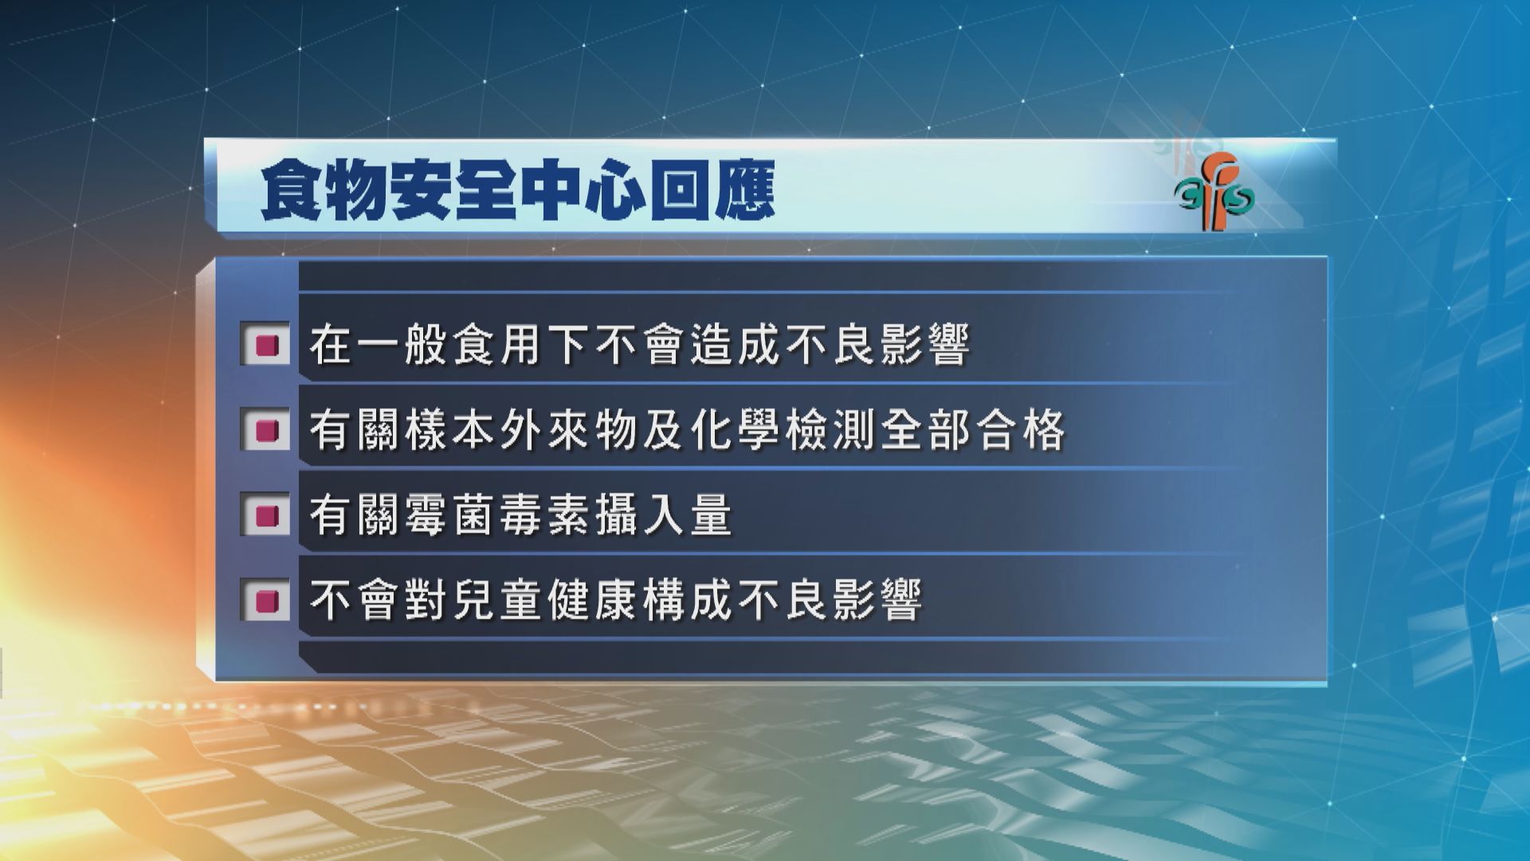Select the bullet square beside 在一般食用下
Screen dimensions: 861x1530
[265, 344]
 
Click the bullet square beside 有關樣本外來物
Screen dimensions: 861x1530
[265, 431]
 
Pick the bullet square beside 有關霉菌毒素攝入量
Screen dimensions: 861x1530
[265, 516]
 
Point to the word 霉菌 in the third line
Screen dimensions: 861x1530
[450, 516]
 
